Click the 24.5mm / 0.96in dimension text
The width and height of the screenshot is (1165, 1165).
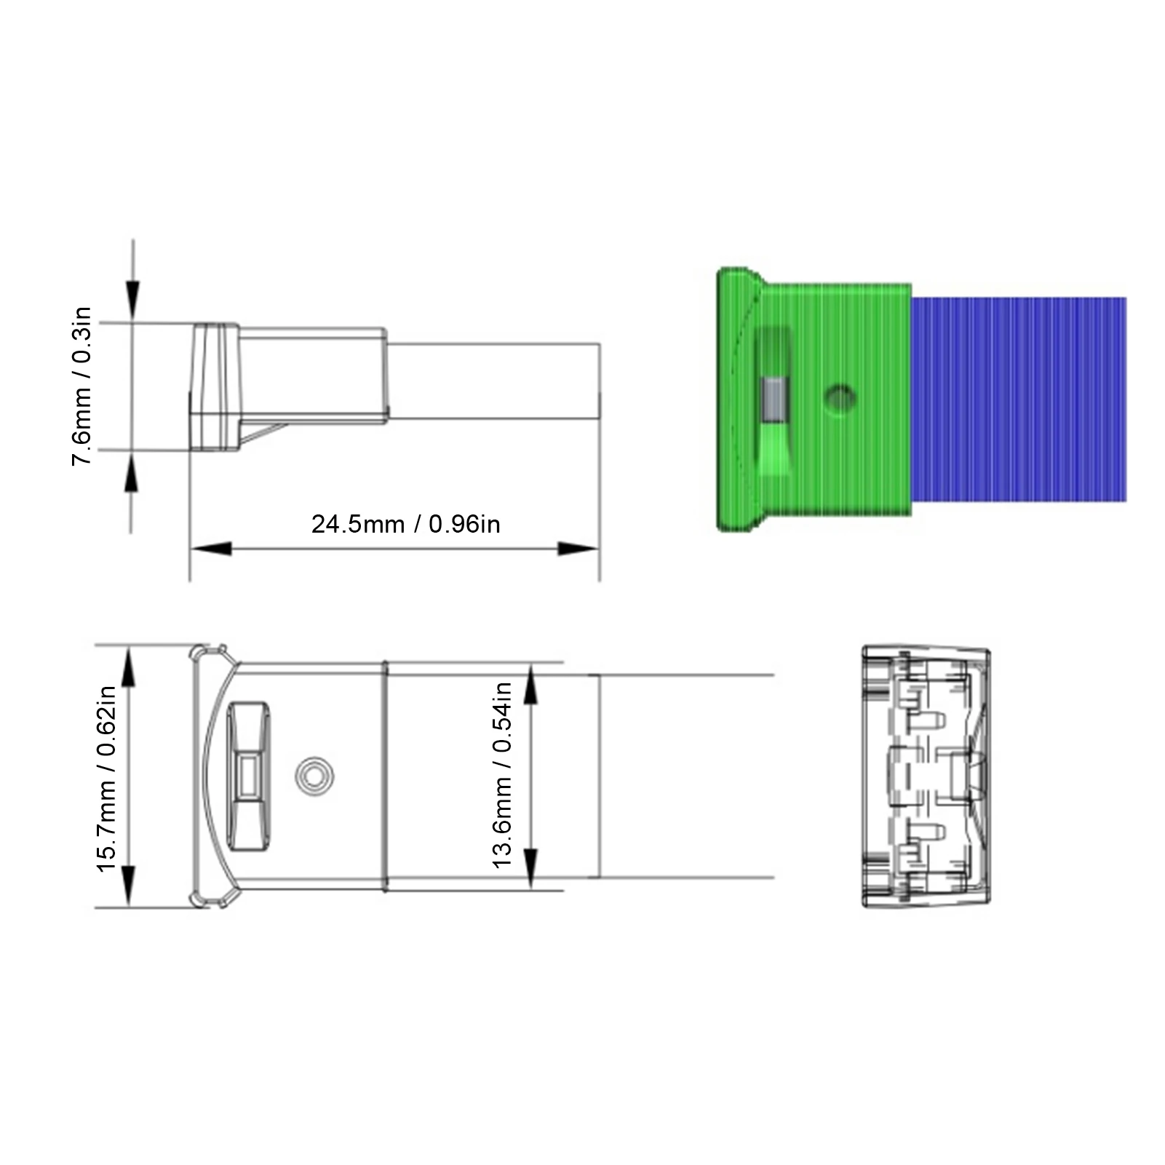[405, 524]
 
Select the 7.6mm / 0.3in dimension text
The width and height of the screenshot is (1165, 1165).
[81, 386]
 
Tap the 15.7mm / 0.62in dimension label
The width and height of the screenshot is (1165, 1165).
[106, 779]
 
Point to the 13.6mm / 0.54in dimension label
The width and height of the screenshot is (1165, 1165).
[502, 775]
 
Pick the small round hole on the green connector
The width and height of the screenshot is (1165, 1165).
[840, 399]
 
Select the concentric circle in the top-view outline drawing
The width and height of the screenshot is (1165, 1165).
[314, 776]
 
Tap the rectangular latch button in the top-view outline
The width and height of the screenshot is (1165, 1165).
[249, 776]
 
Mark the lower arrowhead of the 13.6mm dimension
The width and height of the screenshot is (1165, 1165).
[530, 867]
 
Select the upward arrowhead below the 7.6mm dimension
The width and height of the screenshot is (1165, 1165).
[132, 473]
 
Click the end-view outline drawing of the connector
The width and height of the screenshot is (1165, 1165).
[926, 776]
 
